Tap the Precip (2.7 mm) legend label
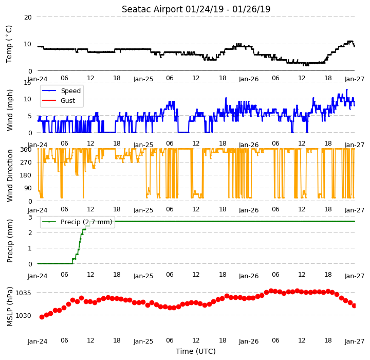86,222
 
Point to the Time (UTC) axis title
196,351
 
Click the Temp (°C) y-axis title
9,44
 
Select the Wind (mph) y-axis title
9,110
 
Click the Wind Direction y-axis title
10,175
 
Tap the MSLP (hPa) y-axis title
10,307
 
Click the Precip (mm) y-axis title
10,241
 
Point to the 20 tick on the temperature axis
28,17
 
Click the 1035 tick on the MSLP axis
23,293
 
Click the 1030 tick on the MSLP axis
23,316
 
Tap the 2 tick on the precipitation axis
30,232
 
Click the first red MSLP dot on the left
42,317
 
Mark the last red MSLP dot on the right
354,305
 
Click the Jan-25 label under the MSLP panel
143,341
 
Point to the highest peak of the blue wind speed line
347,89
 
